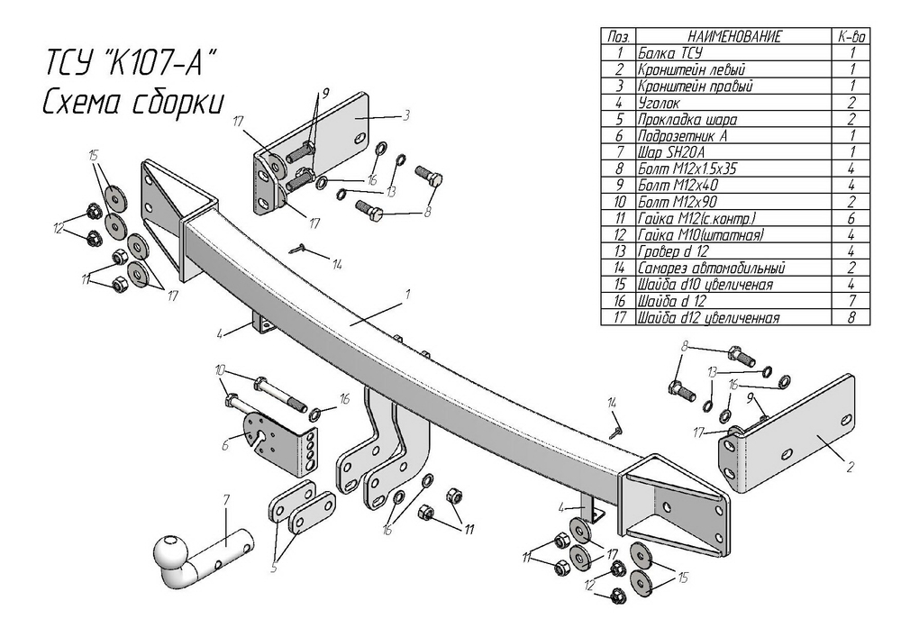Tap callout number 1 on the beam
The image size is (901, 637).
[407, 295]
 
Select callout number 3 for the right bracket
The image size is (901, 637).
[407, 114]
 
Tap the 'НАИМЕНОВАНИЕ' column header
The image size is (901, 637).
[734, 37]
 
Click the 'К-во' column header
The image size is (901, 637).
[851, 37]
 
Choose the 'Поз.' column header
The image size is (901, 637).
[618, 37]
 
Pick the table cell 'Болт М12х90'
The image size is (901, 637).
[677, 200]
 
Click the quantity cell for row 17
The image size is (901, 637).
[851, 318]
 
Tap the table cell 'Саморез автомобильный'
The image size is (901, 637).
[712, 268]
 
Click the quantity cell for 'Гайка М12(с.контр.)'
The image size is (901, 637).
[851, 217]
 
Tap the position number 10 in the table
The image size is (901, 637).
[618, 200]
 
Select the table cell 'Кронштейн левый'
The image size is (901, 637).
[690, 69]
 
